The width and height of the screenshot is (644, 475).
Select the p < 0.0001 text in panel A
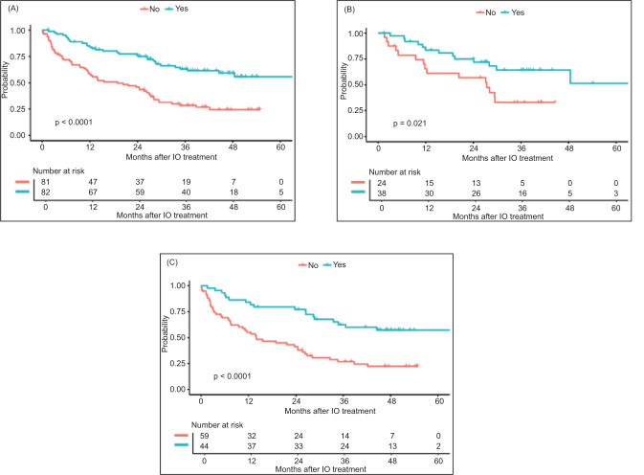[x=81, y=122]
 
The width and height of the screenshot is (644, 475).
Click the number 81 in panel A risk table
[x=42, y=179]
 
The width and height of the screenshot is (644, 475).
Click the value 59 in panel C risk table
[x=202, y=433]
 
